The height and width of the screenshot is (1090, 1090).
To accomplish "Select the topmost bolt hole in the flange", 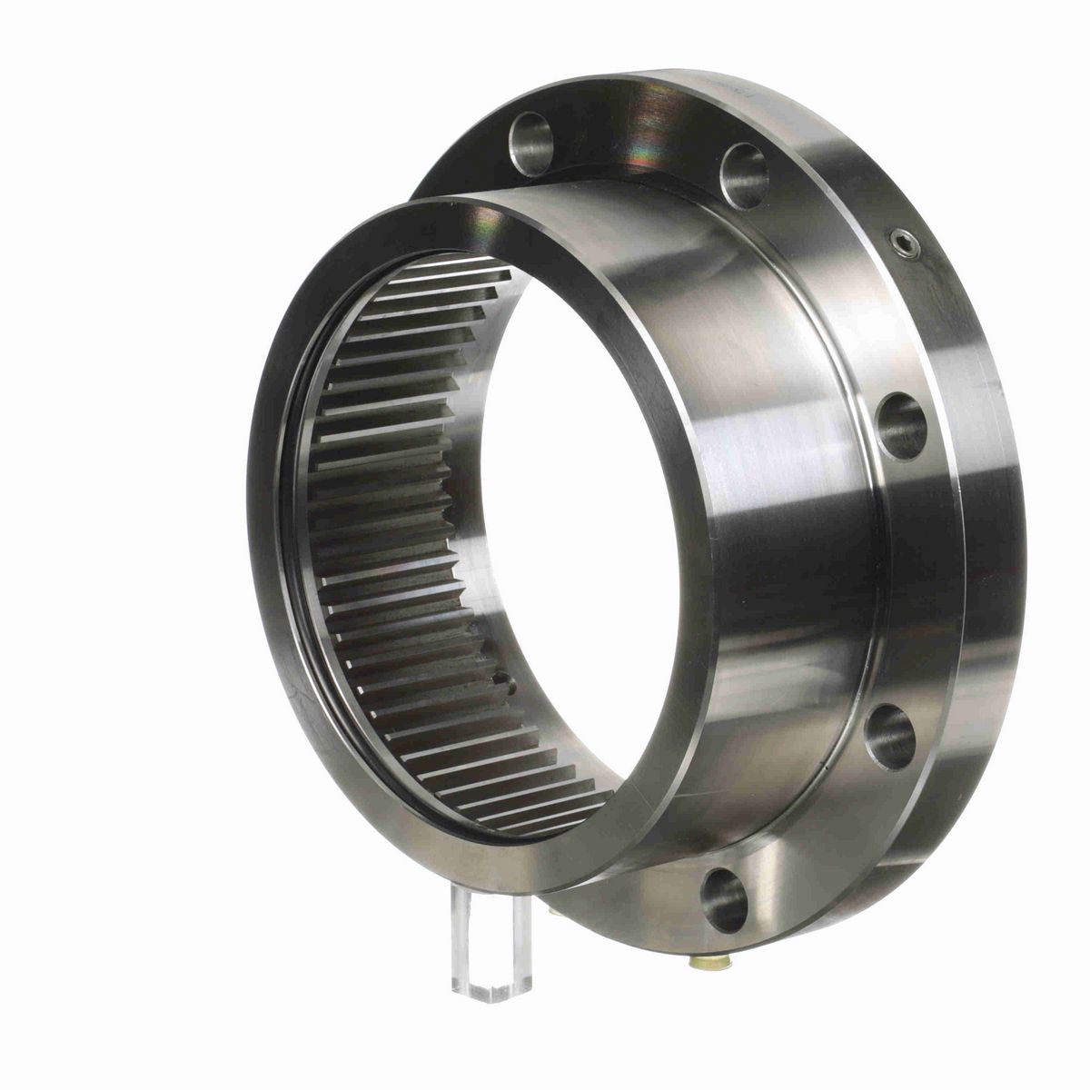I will click(530, 144).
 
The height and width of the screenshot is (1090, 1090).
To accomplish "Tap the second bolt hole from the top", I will click(744, 174).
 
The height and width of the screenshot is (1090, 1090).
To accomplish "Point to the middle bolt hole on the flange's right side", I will click(902, 425).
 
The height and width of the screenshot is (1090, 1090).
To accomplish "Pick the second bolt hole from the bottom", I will click(890, 736).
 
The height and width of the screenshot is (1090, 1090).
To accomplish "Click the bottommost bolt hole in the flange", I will click(725, 899).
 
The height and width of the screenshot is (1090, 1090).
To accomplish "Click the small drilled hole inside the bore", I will click(499, 676).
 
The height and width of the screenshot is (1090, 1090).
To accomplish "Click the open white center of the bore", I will click(581, 509).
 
